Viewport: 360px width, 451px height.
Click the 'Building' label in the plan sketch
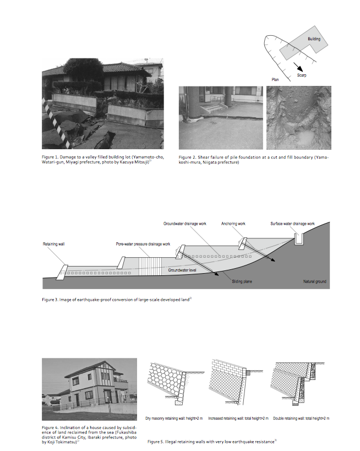coord(314,40)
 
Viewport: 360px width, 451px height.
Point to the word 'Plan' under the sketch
coord(276,79)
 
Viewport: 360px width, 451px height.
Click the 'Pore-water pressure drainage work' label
coord(143,243)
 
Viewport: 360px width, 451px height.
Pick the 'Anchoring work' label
coord(233,224)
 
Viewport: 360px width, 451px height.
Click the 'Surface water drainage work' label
coord(292,224)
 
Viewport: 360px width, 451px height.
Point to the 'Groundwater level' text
coord(181,270)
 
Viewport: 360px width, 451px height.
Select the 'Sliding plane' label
coord(242,281)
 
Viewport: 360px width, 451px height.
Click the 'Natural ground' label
coord(315,281)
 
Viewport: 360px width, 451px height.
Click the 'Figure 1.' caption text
coord(51,157)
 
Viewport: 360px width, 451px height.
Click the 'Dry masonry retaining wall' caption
coord(174,419)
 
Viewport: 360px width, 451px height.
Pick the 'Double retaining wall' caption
coord(301,419)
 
